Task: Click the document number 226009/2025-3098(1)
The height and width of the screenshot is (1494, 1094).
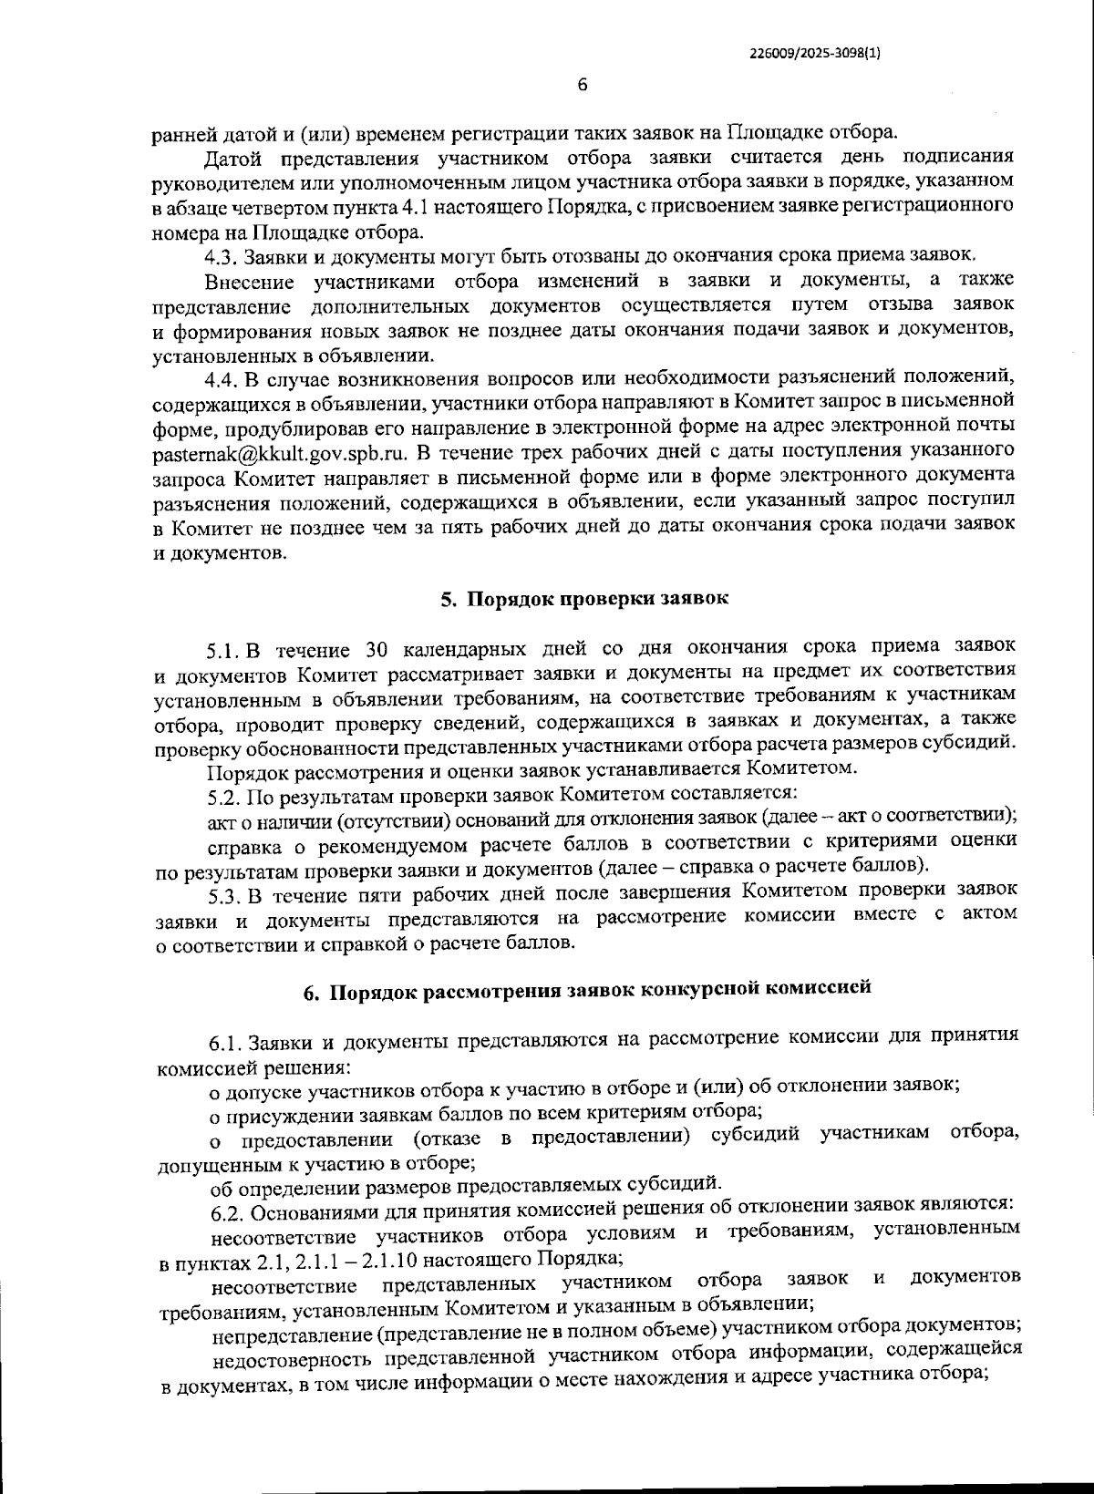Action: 814,53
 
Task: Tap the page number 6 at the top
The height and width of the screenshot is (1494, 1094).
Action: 582,86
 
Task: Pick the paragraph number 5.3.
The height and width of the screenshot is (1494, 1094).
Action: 224,890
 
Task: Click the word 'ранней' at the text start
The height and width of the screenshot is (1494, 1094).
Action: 183,135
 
